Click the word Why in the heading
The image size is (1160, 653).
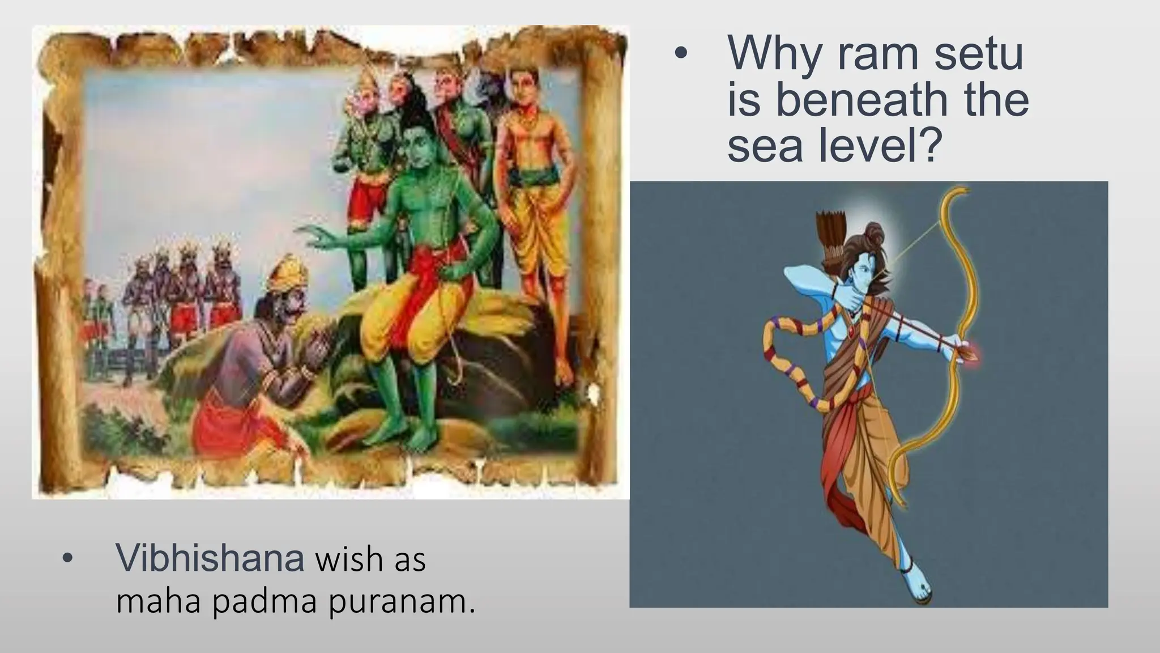click(773, 53)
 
